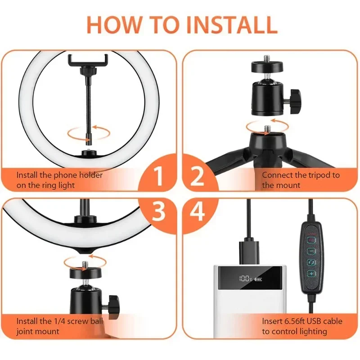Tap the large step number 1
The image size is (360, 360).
[158, 177]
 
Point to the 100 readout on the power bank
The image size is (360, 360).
[244, 279]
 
